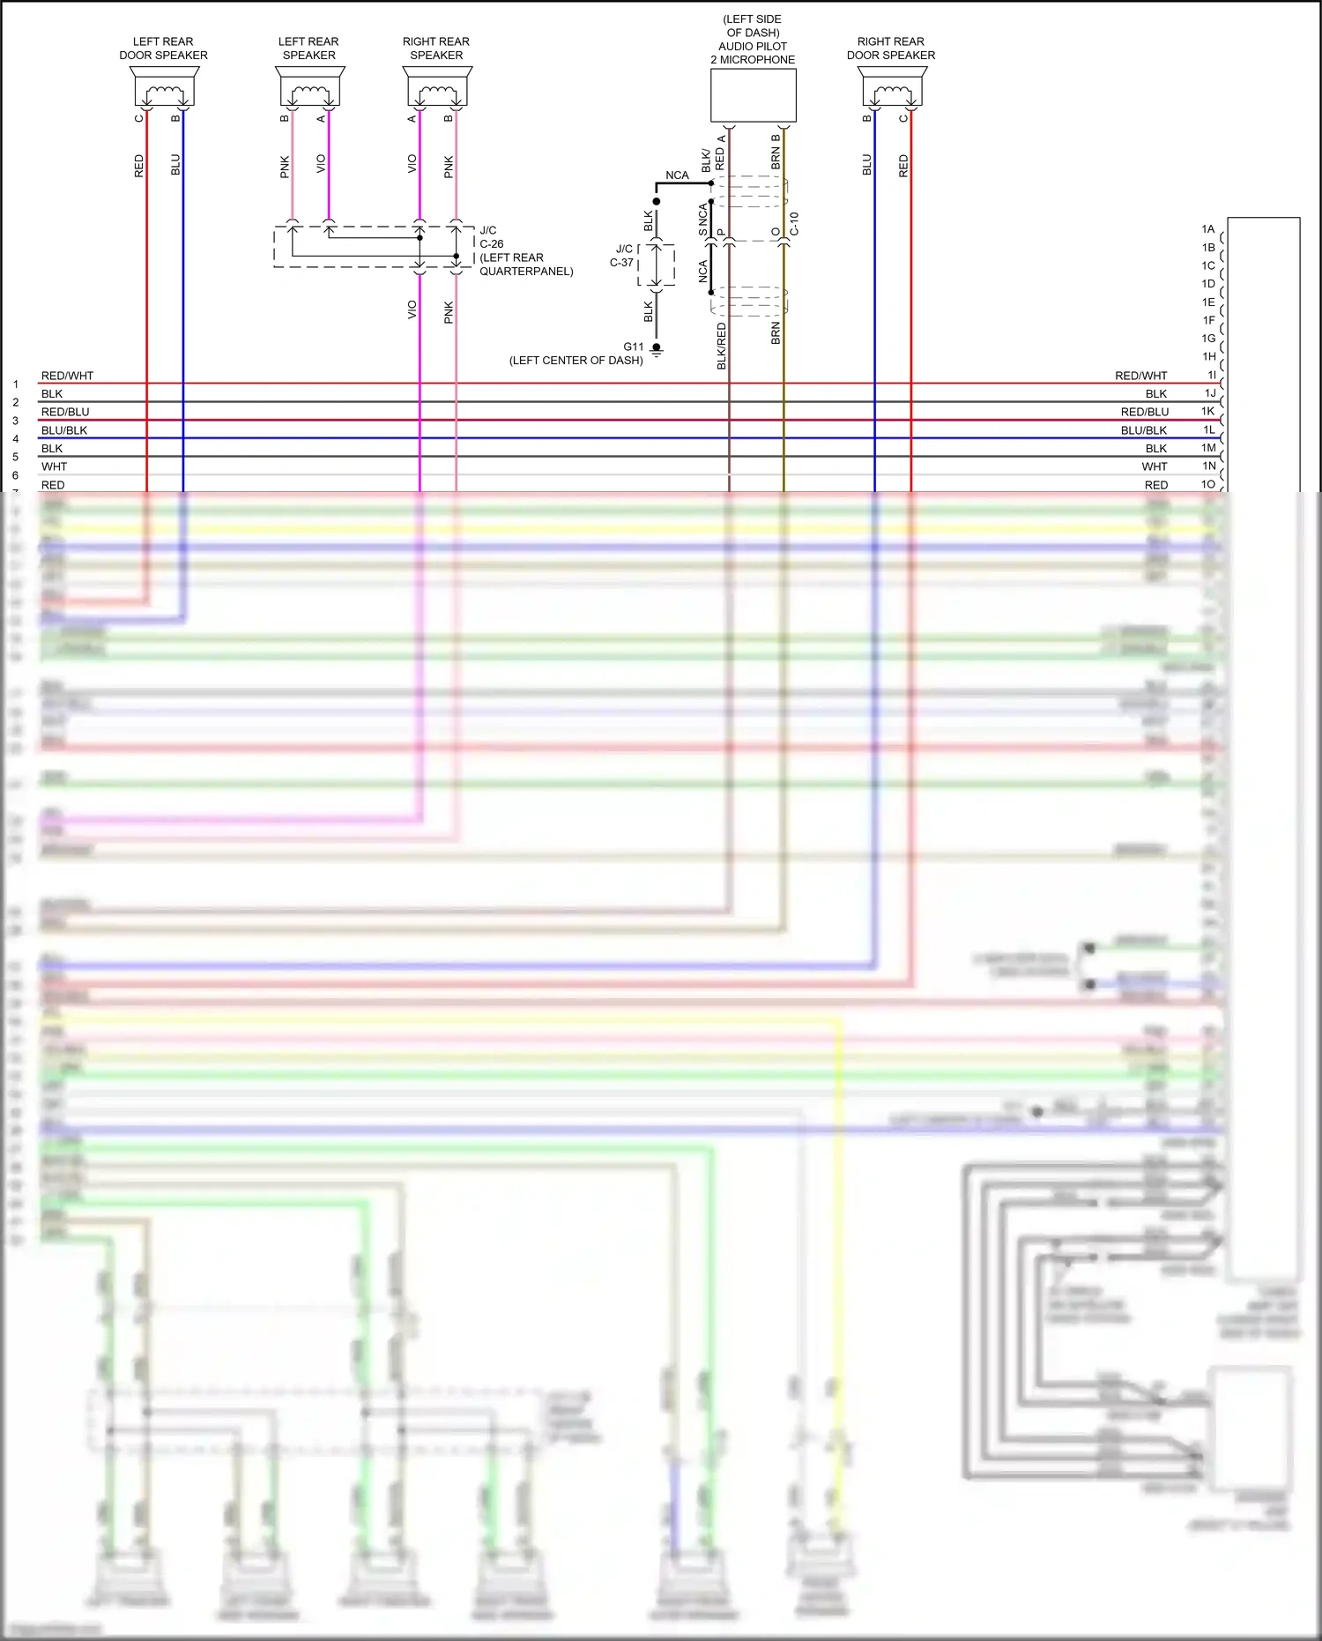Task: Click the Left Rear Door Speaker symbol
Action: click(164, 87)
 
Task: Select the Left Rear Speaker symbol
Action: click(309, 87)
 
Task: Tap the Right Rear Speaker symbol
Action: click(437, 87)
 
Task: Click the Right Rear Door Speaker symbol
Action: click(891, 87)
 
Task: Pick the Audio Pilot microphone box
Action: click(754, 95)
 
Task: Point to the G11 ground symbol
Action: click(657, 349)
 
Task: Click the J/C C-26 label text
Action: click(491, 237)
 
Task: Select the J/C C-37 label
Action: click(623, 256)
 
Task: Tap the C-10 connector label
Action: click(794, 223)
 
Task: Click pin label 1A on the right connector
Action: click(1208, 229)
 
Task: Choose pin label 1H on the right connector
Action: click(1209, 357)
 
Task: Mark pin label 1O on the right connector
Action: click(1208, 484)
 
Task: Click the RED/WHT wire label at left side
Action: click(67, 376)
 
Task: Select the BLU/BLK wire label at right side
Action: click(1143, 430)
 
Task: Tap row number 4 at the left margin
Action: click(16, 439)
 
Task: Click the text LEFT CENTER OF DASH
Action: click(576, 361)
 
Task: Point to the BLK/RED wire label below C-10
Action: click(722, 346)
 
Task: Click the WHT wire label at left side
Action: click(54, 466)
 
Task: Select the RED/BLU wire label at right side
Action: click(1144, 412)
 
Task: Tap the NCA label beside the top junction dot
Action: click(677, 175)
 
